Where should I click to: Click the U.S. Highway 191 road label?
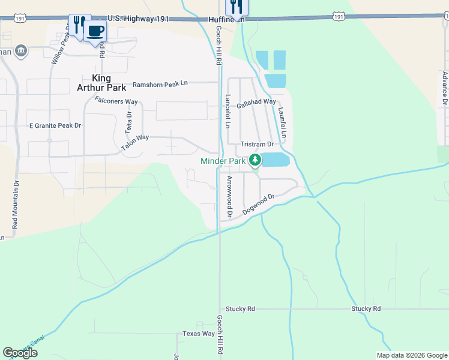click(139, 19)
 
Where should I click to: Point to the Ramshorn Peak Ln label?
click(160, 85)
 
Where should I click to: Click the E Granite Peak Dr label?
click(55, 126)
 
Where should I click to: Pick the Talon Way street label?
click(135, 142)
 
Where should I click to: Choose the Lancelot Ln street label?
click(228, 112)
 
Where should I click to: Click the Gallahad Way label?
click(256, 103)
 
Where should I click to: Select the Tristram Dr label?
click(257, 145)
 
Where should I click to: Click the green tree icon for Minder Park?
click(255, 160)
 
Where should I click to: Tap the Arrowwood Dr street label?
click(229, 196)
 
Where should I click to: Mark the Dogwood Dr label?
click(258, 205)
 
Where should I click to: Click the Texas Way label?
click(199, 334)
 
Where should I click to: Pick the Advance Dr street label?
click(445, 89)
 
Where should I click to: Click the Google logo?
click(20, 353)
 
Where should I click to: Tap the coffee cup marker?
click(95, 30)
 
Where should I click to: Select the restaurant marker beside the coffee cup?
click(77, 24)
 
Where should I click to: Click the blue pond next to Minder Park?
click(276, 160)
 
